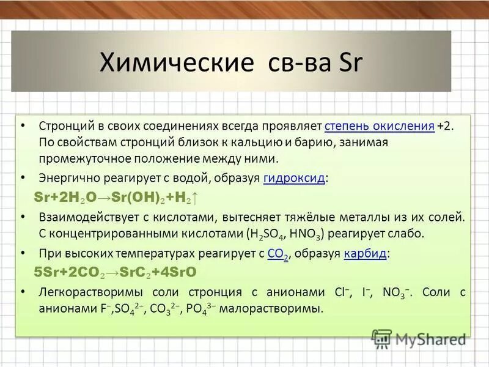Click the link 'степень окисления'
point(380,126)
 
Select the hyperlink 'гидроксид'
point(295,179)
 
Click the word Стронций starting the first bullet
point(64,126)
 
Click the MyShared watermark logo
point(419,338)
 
